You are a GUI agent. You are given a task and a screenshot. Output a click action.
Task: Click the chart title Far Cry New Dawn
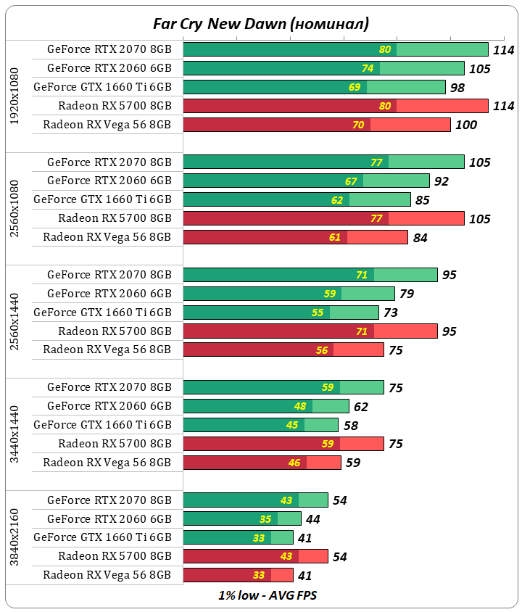click(x=260, y=23)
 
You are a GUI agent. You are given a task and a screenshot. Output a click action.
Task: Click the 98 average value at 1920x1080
click(x=458, y=87)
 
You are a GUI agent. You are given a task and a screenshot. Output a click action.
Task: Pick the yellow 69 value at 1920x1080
click(x=355, y=87)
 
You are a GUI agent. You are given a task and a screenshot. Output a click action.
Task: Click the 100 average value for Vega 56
click(x=465, y=125)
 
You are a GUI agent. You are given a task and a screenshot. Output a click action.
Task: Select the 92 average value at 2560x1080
click(x=442, y=181)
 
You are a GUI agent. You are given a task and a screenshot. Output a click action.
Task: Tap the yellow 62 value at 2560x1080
click(x=338, y=199)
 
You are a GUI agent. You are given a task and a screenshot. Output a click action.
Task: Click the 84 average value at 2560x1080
click(x=420, y=237)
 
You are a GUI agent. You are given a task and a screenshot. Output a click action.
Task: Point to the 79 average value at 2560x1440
click(x=407, y=294)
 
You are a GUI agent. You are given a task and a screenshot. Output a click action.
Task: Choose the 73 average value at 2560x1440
click(x=391, y=313)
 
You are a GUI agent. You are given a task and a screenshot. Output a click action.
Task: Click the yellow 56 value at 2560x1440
click(x=322, y=350)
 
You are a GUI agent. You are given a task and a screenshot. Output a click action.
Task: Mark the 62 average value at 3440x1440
click(x=361, y=407)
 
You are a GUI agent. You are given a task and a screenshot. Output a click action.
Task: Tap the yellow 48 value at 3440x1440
click(x=300, y=407)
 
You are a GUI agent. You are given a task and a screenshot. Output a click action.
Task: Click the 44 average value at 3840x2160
click(x=313, y=519)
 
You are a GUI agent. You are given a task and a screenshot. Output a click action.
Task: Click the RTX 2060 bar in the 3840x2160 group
click(x=242, y=518)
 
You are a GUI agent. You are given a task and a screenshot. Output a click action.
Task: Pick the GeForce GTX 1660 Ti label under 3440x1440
click(x=102, y=425)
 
